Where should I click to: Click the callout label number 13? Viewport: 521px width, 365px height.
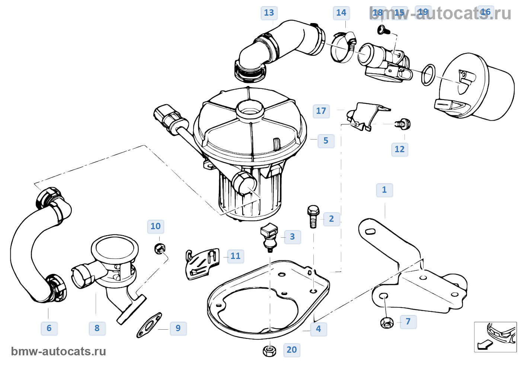(x=269, y=13)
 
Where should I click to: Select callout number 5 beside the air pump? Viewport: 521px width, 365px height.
(x=326, y=141)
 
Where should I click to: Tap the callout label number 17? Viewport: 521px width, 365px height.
(x=321, y=111)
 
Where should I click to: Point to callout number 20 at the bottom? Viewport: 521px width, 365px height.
(x=291, y=350)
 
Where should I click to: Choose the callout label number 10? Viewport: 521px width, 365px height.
(x=156, y=226)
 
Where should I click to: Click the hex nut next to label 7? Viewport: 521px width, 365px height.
(x=387, y=322)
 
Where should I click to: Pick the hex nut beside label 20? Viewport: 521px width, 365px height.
(x=269, y=350)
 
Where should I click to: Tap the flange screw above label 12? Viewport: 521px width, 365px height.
(x=403, y=124)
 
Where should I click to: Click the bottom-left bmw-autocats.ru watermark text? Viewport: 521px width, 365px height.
(x=58, y=351)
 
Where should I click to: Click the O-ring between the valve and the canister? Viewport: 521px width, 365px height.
(x=428, y=74)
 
